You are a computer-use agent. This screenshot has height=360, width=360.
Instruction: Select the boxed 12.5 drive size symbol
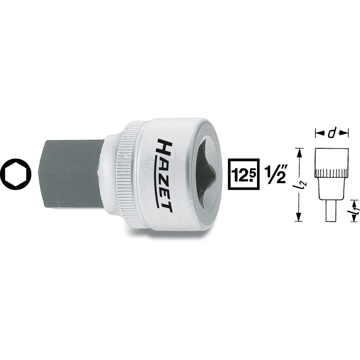243,174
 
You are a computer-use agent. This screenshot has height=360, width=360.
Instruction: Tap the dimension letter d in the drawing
332,134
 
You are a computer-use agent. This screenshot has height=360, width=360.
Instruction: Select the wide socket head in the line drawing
332,158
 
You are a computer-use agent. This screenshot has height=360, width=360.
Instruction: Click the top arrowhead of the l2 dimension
298,151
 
